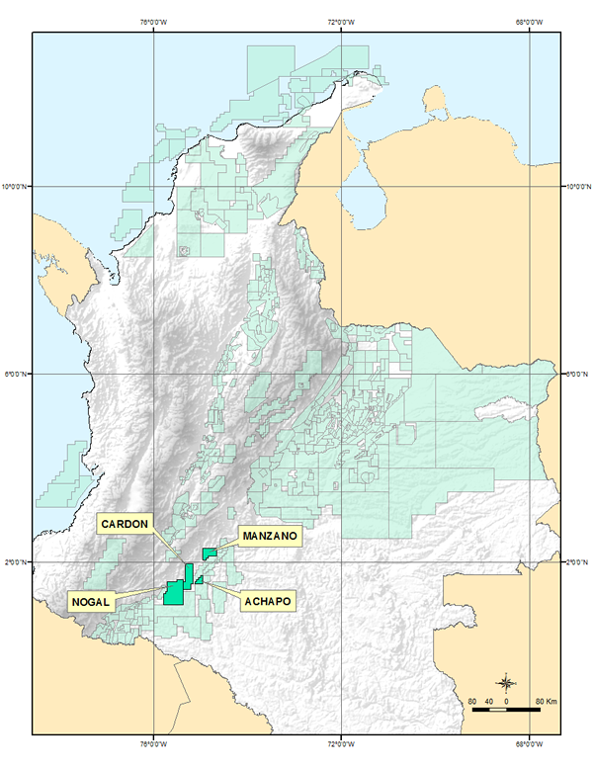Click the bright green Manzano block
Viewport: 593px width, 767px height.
click(x=209, y=553)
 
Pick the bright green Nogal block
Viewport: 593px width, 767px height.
click(x=173, y=593)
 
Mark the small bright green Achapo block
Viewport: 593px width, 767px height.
click(x=200, y=580)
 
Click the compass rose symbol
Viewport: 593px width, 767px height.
click(x=507, y=683)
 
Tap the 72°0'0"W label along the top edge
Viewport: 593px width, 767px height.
click(x=341, y=22)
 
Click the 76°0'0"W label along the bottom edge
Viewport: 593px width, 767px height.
click(x=153, y=744)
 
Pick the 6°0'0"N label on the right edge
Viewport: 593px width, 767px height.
click(x=577, y=374)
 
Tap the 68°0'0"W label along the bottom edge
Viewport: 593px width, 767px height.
click(x=529, y=744)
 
